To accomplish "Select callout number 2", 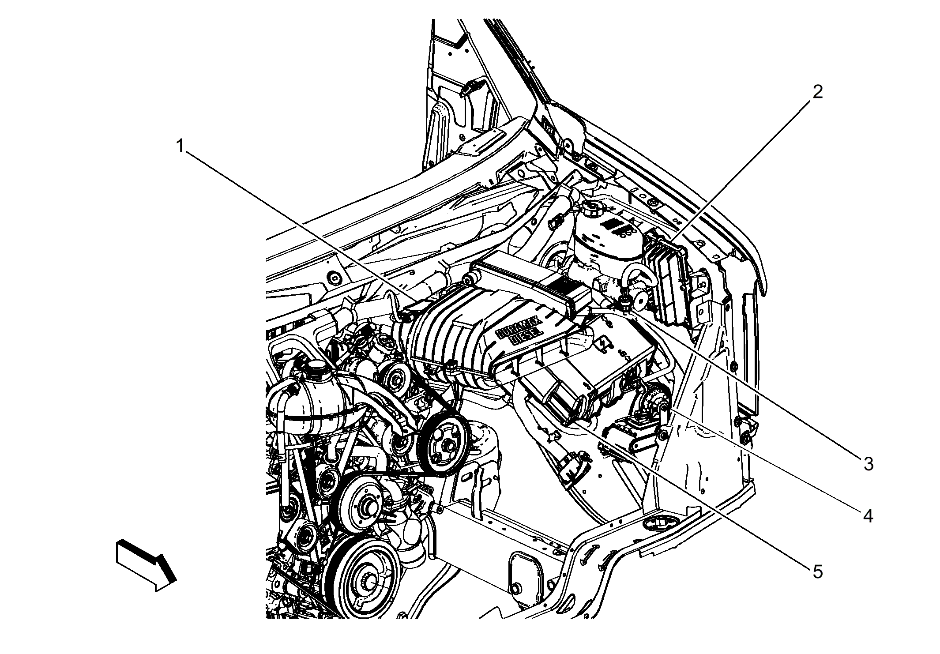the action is pos(818,92).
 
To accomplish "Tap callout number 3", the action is pos(868,464).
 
